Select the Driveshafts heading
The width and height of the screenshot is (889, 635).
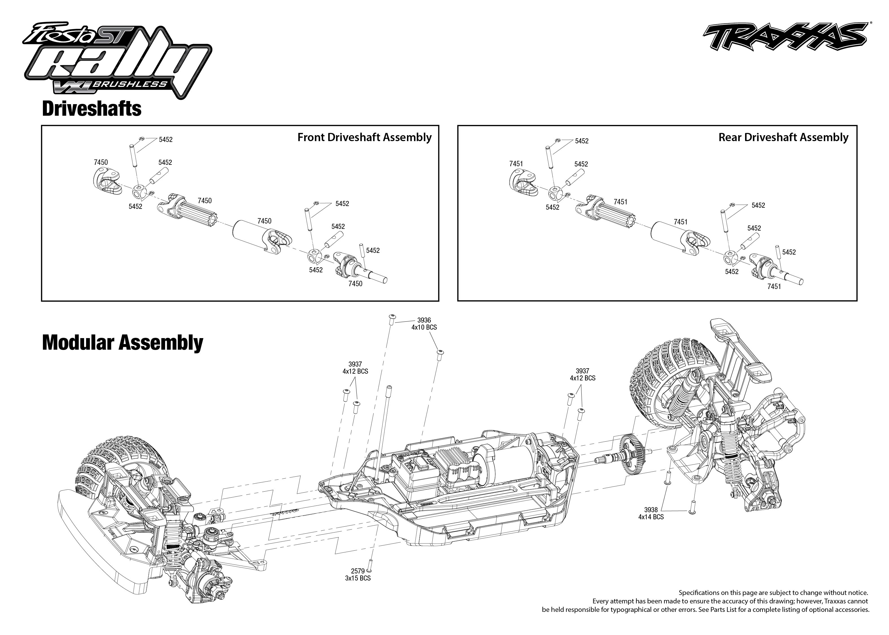(x=91, y=109)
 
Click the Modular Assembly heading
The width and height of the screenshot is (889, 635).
(x=122, y=343)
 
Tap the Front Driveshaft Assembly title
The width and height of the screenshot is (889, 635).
(x=364, y=137)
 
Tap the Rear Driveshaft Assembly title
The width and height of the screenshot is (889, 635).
(x=783, y=137)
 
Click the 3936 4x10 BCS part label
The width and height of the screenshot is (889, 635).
(x=424, y=324)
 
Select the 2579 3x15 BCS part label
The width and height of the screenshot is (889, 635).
(x=358, y=574)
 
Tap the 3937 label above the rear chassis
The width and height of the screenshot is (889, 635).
(x=583, y=374)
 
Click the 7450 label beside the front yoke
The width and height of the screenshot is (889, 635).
(x=101, y=162)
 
